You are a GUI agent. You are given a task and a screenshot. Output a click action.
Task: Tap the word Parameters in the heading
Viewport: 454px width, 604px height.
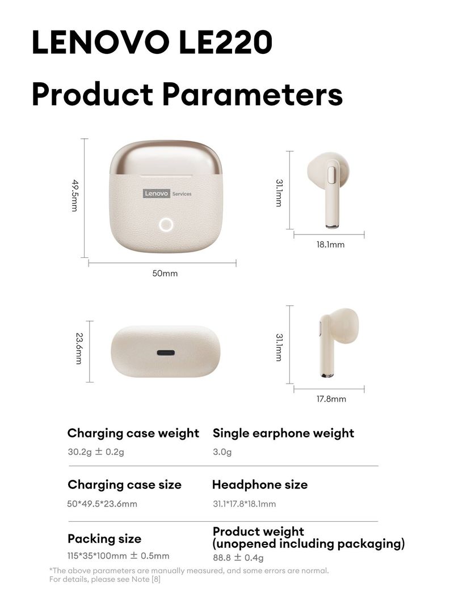[253, 94]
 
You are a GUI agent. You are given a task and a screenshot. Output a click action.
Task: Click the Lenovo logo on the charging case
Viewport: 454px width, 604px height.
[157, 193]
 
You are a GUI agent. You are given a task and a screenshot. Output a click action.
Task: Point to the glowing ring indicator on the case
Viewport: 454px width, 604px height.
[166, 224]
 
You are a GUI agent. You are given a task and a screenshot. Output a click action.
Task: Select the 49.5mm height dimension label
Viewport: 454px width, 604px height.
[74, 195]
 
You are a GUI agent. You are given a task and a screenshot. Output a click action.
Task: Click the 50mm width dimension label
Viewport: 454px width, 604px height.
[165, 274]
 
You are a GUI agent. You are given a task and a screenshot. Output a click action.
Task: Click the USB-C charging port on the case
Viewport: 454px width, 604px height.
[166, 352]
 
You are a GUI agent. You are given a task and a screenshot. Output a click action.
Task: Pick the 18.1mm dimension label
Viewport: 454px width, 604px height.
[330, 245]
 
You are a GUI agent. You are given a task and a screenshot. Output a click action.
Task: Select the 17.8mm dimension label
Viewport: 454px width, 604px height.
[331, 399]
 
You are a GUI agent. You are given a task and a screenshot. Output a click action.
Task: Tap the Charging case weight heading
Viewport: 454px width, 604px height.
[133, 433]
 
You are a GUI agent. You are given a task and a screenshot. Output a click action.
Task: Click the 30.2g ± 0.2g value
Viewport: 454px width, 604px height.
[96, 452]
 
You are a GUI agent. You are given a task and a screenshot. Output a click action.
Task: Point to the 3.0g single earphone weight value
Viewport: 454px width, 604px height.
[222, 452]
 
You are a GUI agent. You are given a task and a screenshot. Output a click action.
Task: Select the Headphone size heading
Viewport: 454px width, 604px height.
[260, 485]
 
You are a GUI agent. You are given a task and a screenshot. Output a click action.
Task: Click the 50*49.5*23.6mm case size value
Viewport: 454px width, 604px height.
[102, 504]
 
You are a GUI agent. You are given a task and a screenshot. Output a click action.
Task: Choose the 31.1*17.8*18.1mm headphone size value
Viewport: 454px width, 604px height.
[244, 504]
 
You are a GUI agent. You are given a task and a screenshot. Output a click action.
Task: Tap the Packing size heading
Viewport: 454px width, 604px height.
[104, 538]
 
